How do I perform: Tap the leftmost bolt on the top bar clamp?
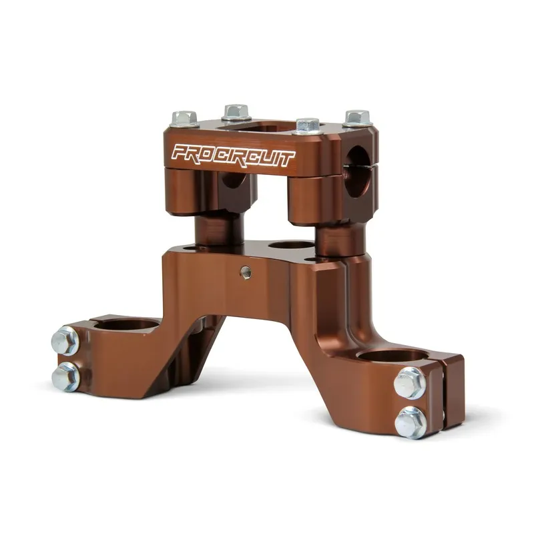tap(185, 119)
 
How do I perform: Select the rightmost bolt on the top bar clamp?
tap(357, 118)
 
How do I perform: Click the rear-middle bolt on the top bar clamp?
tap(236, 112)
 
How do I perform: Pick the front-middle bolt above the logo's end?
tap(308, 126)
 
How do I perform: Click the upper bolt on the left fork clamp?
tap(65, 341)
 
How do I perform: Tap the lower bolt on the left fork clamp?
tap(65, 376)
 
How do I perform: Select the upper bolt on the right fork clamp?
tap(410, 383)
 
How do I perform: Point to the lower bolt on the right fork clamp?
tap(411, 423)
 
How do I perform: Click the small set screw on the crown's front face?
tap(246, 272)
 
